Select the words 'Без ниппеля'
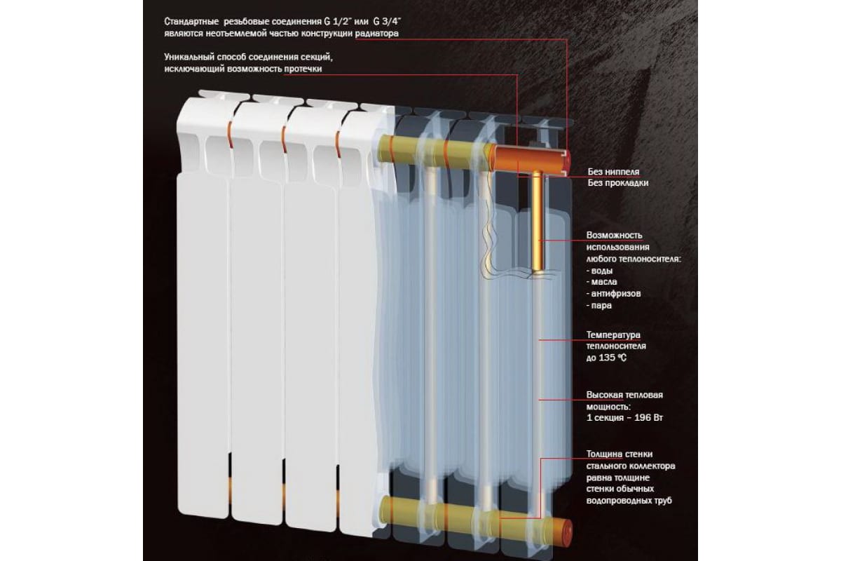coord(614,171)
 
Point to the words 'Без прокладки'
coord(618,183)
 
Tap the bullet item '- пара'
coord(599,306)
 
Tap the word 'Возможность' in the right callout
coord(613,235)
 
